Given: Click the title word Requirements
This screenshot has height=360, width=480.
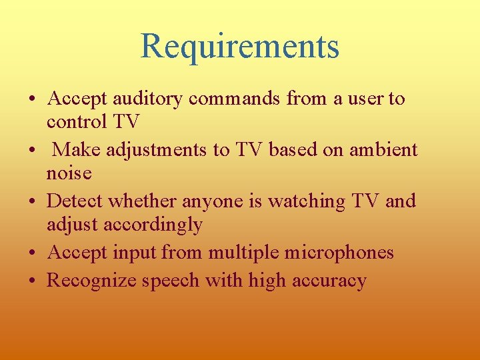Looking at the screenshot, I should (240, 46).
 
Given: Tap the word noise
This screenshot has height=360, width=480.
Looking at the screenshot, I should (69, 173).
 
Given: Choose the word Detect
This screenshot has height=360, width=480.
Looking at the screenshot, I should (75, 201).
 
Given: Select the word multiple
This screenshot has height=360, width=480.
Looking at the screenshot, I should (237, 253).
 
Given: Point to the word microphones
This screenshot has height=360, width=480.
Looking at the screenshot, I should (335, 253).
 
